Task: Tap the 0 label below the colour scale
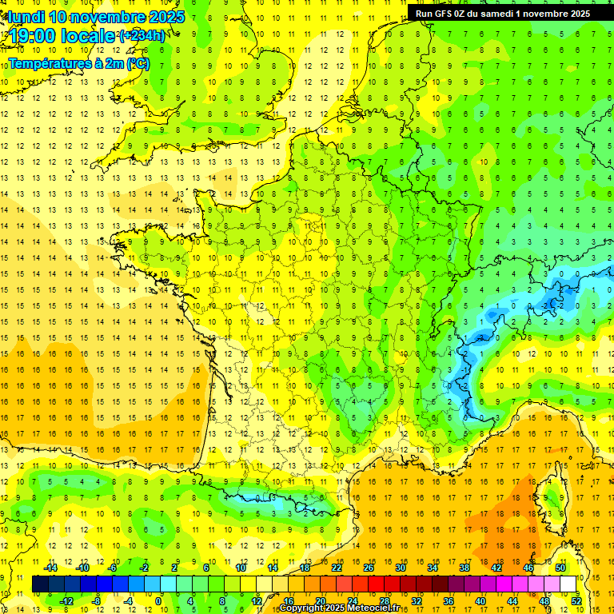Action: pos(158,600)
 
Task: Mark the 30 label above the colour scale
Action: pos(401,568)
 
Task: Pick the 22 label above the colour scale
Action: pos(337,568)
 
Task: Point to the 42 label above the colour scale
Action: pos(496,568)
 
